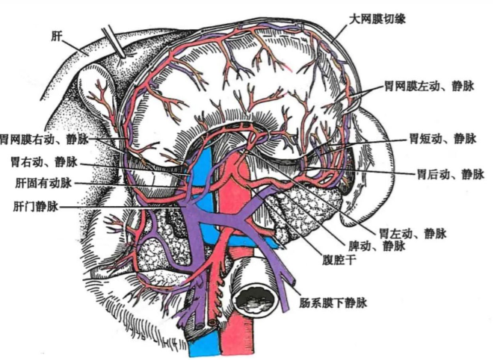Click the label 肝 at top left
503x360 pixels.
point(57,36)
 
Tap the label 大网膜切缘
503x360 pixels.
point(377,19)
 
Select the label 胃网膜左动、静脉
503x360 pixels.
point(429,86)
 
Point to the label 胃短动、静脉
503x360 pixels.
point(442,138)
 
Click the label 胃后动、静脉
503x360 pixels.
point(451,174)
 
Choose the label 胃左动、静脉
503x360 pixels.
point(413,233)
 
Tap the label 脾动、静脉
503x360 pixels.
point(377,246)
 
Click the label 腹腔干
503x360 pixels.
point(339,260)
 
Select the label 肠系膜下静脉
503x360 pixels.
point(333,302)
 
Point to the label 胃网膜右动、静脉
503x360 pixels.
point(44,140)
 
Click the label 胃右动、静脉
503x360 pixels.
point(44,162)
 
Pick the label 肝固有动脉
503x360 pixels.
point(43,183)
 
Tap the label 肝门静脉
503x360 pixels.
point(36,206)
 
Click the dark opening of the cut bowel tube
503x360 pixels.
point(255,300)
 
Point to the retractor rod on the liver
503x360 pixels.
point(114,42)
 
